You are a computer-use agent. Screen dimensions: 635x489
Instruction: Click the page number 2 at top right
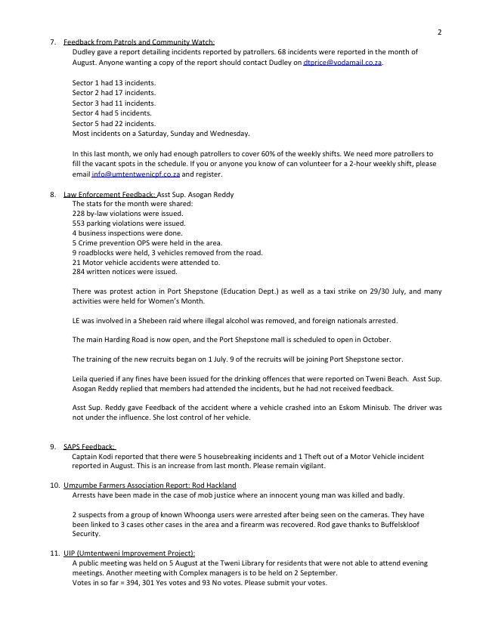pos(439,32)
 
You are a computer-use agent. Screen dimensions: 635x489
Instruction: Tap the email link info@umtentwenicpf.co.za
pos(135,174)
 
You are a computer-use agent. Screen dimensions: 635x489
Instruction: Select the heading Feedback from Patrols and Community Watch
pos(139,42)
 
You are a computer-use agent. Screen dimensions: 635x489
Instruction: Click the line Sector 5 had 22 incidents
pos(114,123)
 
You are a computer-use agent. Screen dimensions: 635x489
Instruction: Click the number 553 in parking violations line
pos(79,223)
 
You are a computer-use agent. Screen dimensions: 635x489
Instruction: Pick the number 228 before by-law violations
pos(79,214)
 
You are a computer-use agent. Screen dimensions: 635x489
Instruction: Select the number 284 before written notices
pos(79,272)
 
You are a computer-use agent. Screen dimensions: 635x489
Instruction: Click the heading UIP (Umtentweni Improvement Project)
pos(129,553)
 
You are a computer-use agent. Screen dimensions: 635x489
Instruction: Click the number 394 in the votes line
pos(126,582)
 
